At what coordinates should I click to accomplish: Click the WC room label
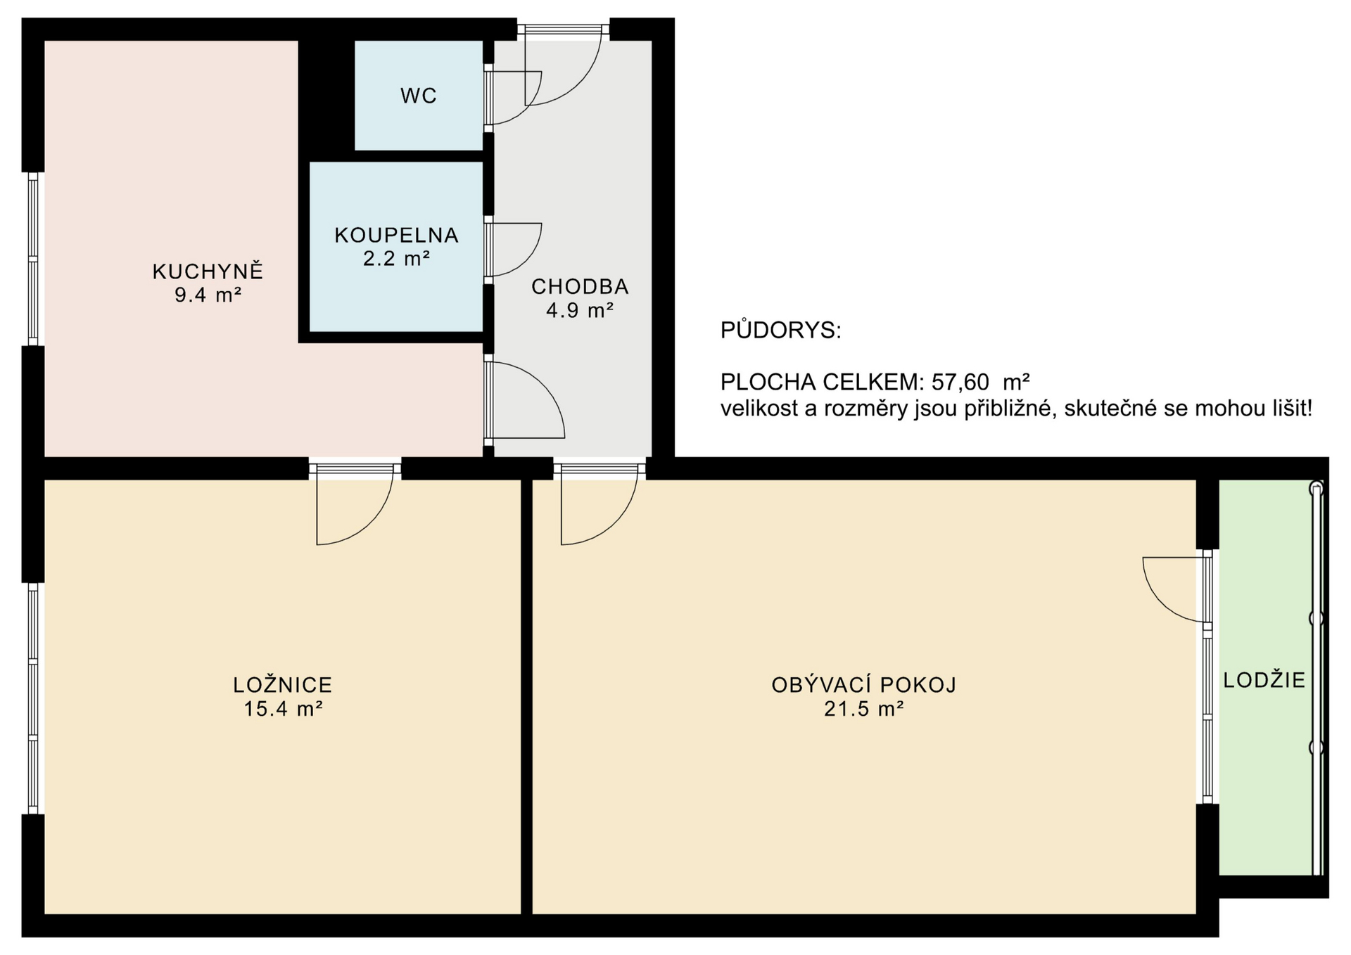click(x=419, y=96)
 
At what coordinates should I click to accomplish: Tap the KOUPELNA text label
click(x=396, y=235)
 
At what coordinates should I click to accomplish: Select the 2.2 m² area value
click(x=396, y=259)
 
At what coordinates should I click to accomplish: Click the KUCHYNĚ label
click(x=208, y=271)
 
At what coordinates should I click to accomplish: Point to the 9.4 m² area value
click(x=208, y=295)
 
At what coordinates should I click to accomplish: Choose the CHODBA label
click(x=580, y=286)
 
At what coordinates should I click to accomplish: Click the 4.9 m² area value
click(x=580, y=310)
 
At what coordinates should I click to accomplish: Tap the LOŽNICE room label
click(x=282, y=684)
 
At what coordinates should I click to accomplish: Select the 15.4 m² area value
click(x=282, y=708)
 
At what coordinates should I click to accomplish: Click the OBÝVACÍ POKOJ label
click(x=863, y=684)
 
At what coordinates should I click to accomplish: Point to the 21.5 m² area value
click(x=863, y=708)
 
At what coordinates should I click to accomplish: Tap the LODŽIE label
click(x=1264, y=679)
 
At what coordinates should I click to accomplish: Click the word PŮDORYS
click(x=780, y=331)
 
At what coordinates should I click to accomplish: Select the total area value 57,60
click(x=960, y=382)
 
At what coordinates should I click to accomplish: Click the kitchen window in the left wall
click(x=32, y=259)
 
